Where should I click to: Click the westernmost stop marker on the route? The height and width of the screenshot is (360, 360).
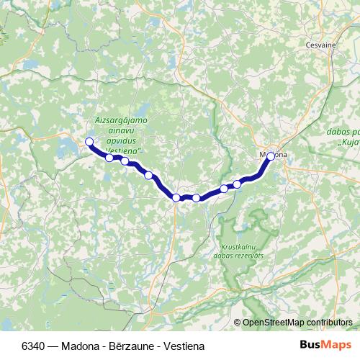(x=89, y=142)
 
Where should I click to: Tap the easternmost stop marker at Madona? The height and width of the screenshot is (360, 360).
(x=271, y=156)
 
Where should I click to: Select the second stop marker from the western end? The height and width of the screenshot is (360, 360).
(x=109, y=158)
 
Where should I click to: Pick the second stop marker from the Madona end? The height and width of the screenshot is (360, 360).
(x=237, y=184)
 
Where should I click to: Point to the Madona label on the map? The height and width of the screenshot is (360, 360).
(x=274, y=155)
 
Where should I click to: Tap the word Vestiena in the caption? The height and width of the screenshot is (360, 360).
(x=184, y=346)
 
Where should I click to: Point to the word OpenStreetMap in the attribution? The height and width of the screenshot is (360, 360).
(x=272, y=323)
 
